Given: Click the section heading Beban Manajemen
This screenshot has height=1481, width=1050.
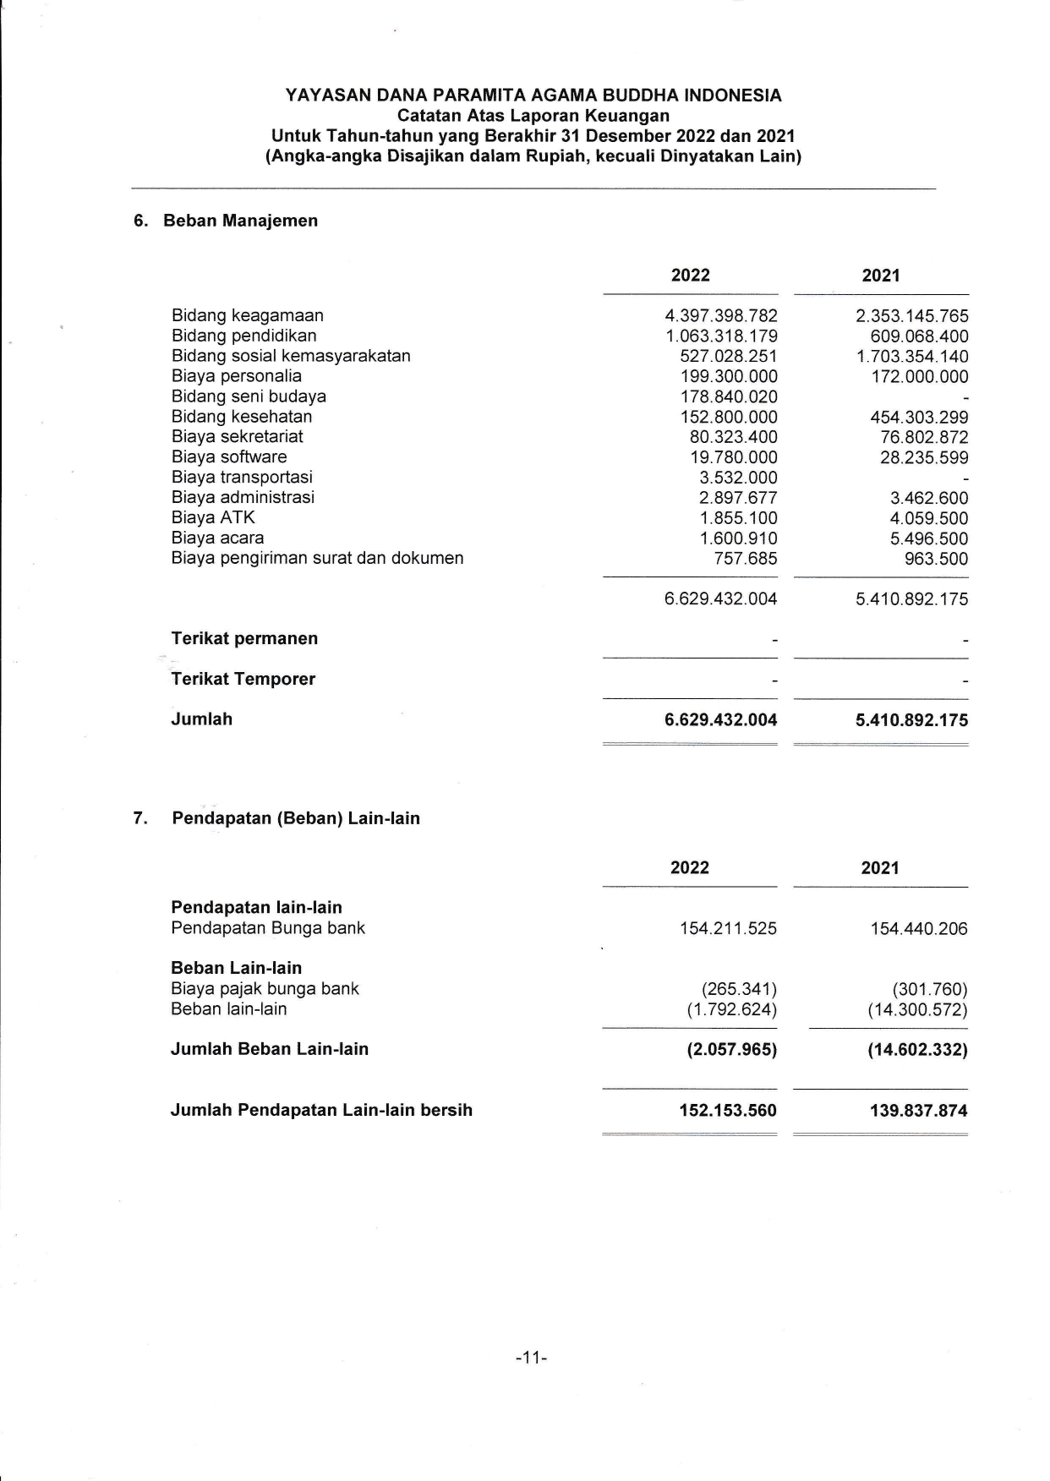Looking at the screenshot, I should coord(240,221).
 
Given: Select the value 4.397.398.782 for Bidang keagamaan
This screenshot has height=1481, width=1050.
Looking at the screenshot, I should coord(721,316).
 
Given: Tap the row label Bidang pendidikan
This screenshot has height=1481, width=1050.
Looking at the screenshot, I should coord(243,336).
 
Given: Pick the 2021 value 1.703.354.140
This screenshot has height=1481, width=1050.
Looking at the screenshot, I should coord(912,357).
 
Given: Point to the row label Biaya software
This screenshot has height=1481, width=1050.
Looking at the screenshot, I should coord(229,457).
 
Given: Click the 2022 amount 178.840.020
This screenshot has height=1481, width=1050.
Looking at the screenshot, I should coord(729,397).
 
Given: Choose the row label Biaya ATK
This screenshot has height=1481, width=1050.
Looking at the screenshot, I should coord(213,518).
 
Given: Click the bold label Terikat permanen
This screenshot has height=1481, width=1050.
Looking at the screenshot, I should coord(244,638).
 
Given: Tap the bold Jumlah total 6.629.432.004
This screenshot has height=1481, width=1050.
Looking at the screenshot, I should coord(721,720).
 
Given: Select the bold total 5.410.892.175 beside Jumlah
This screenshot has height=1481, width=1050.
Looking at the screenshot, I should coord(912,720).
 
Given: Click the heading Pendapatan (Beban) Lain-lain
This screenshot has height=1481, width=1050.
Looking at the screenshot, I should coord(296,818).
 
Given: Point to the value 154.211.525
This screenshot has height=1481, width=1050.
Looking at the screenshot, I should coord(728,929).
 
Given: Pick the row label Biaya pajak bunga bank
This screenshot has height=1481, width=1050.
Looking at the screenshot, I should coord(265,989).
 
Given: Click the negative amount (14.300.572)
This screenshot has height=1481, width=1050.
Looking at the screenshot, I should coord(917,1009).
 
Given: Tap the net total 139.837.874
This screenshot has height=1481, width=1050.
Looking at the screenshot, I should coord(918,1111).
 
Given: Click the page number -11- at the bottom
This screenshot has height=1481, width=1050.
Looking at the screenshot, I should coord(532,1358).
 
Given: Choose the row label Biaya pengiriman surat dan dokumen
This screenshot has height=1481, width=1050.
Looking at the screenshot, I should coord(317,559).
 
